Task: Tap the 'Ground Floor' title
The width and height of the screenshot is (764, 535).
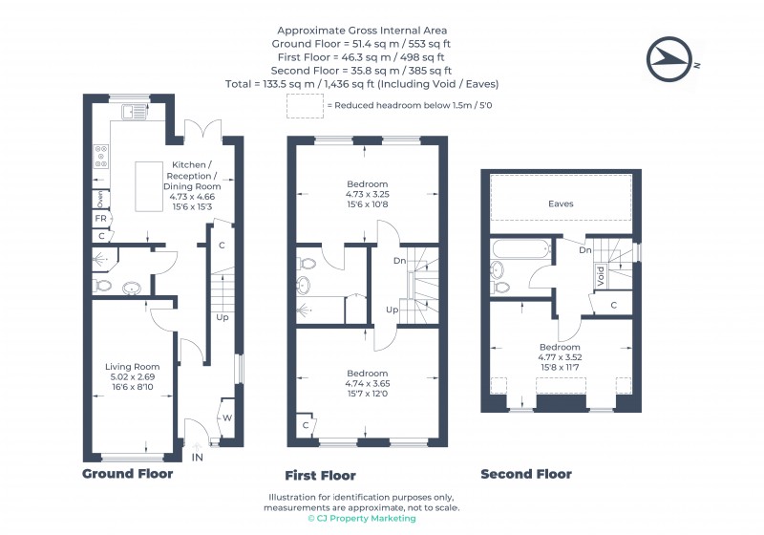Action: [x=127, y=474]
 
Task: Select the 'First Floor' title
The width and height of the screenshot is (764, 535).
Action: [x=320, y=475]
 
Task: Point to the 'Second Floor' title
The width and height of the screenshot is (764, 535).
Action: [x=526, y=474]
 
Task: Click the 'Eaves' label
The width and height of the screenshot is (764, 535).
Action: [x=561, y=203]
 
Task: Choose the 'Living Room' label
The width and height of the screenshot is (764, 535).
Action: [x=132, y=366]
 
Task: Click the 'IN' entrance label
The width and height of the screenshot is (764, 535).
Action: [x=198, y=459]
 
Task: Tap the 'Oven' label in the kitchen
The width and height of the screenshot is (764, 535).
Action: [x=100, y=199]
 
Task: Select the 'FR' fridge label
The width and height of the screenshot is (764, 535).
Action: [x=100, y=219]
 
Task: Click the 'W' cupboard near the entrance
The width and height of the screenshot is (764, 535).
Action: [x=226, y=417]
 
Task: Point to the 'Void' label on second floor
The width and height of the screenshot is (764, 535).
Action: [x=600, y=277]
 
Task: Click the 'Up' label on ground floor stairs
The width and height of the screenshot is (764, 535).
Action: [x=221, y=317]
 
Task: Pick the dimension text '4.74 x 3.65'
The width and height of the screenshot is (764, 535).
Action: [x=368, y=383]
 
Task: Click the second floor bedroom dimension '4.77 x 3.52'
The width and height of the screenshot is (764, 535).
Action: [x=560, y=357]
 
